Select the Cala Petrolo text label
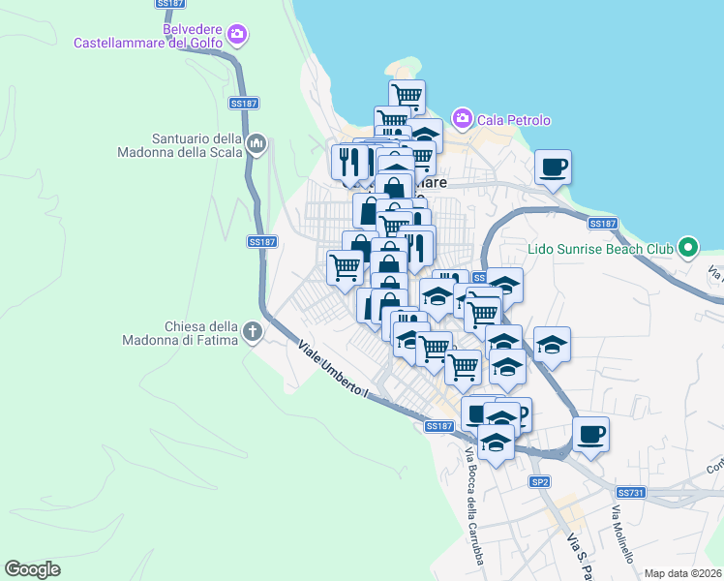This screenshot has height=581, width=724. [x=513, y=121]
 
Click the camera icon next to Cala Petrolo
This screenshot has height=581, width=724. [x=462, y=119]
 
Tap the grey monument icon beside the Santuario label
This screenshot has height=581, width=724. [x=256, y=145]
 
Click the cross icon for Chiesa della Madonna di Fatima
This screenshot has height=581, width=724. [x=252, y=332]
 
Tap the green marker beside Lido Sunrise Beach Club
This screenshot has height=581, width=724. [x=688, y=248]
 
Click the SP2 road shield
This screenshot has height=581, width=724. [x=539, y=481]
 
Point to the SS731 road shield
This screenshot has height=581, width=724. [x=629, y=493]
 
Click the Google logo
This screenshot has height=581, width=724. [x=32, y=569]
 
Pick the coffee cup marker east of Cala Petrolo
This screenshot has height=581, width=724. [x=553, y=167]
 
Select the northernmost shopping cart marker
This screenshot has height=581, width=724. [x=407, y=96]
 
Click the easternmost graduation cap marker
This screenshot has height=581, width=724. [x=552, y=345]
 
